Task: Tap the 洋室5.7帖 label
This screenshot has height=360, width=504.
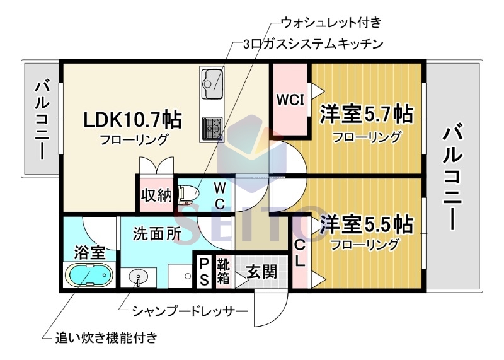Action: click(366, 114)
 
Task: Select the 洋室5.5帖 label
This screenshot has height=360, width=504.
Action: click(366, 224)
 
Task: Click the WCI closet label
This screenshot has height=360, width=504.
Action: click(289, 99)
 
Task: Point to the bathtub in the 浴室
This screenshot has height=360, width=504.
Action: click(89, 276)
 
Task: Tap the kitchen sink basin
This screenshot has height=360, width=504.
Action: click(211, 80)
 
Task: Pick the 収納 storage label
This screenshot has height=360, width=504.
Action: click(156, 195)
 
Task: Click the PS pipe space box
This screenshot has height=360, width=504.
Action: click(204, 272)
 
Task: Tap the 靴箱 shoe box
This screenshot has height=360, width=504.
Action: click(223, 271)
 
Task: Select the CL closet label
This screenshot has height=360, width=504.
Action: click(300, 253)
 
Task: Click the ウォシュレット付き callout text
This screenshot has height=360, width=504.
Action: click(331, 23)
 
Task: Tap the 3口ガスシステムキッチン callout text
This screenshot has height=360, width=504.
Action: click(313, 44)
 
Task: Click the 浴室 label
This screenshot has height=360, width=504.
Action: click(89, 252)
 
